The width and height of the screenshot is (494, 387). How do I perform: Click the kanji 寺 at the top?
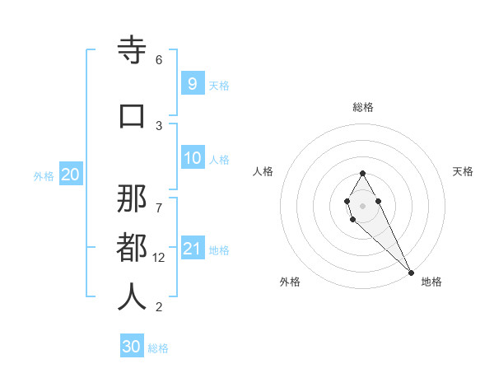132,51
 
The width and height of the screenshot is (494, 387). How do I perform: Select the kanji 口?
132,116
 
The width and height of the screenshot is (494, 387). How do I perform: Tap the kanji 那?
132,198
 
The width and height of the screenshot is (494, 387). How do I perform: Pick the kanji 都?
132,248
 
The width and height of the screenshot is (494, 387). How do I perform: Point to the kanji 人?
132,297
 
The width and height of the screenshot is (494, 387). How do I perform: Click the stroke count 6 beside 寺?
159,60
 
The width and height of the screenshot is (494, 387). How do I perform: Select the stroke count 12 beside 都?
160,258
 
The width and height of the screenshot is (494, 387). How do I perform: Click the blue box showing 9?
192,83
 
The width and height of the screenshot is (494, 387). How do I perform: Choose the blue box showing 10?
192,158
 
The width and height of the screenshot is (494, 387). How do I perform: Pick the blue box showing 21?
192,249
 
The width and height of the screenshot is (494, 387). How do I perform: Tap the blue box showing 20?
70,175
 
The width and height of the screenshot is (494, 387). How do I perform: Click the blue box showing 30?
131,347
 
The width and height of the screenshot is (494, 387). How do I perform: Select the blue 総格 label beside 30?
158,348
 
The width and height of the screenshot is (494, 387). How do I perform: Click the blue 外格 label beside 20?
44,176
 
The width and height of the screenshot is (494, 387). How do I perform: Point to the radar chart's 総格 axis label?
363,107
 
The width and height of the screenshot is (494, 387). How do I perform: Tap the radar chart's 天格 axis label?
463,171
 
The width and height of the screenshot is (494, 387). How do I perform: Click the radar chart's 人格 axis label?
263,171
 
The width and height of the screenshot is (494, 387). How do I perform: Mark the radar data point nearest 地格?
411,273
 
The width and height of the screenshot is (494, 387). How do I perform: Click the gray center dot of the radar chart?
362,205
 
